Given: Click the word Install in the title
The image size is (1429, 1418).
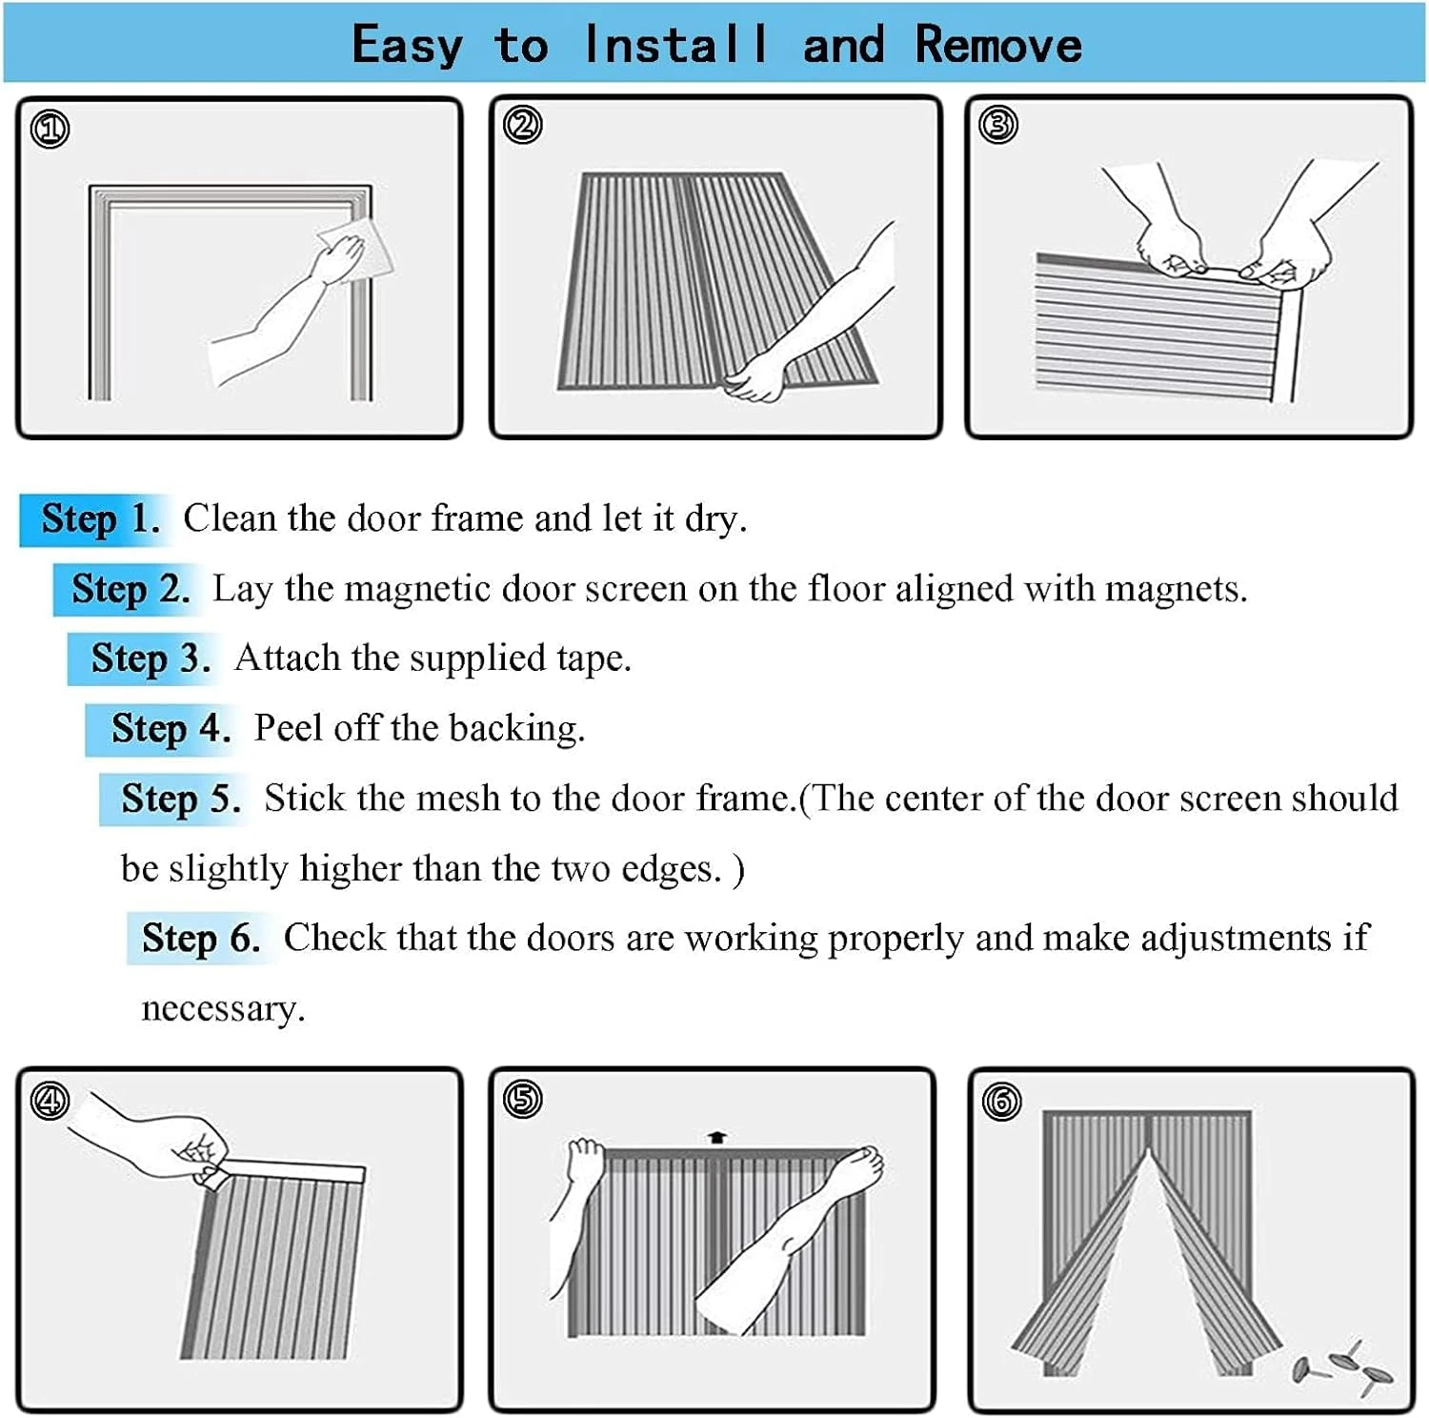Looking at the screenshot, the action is tap(675, 45).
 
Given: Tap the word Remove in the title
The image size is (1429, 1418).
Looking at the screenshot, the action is tap(998, 45).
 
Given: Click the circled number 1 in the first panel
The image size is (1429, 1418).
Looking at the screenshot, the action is tap(50, 129).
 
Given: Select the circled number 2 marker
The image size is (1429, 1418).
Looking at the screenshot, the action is tap(522, 125).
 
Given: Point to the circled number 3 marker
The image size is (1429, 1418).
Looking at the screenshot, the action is tap(998, 125).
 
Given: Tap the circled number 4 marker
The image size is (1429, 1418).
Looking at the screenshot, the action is tap(50, 1101).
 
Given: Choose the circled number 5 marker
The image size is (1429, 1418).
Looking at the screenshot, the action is tap(522, 1099).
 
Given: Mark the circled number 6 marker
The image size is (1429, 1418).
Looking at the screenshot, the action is tap(1001, 1101).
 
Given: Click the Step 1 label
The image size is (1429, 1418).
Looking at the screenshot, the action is tap(100, 519).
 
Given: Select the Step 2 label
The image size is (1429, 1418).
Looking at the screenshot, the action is tap(131, 590).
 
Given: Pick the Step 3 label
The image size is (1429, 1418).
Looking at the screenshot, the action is tap(151, 659).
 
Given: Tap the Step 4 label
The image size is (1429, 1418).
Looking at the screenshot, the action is tap(171, 730).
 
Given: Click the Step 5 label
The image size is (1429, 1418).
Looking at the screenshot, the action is tap(181, 800).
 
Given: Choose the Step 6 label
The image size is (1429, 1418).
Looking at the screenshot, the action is tap(201, 939).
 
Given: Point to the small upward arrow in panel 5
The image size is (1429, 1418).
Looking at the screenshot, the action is tap(717, 1136).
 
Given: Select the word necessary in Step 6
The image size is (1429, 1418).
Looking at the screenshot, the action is tap(223, 1010).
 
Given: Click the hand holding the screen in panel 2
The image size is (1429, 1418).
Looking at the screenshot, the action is tap(753, 378).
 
